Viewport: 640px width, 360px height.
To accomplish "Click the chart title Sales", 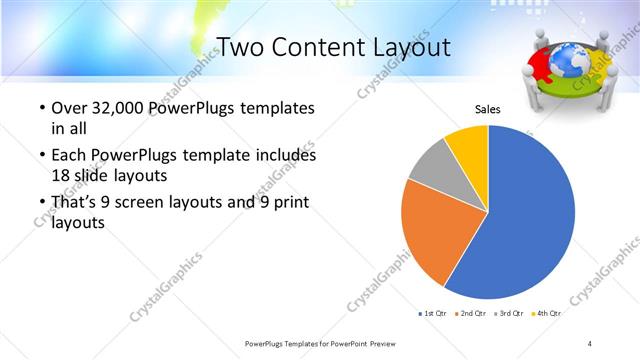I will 487,111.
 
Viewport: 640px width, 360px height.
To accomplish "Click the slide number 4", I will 590,343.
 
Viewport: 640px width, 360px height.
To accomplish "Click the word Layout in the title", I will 406,47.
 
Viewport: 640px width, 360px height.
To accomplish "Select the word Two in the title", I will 241,47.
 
